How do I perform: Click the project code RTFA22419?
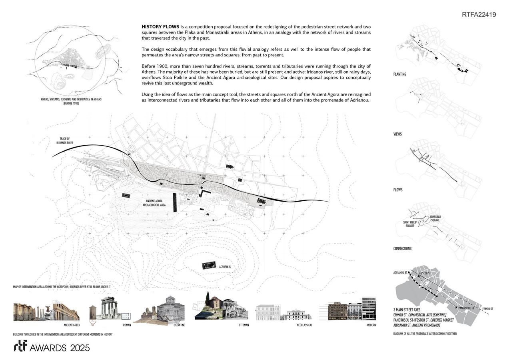pos(479,15)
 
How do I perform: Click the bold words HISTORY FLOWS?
pos(160,26)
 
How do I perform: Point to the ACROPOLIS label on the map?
pos(225,266)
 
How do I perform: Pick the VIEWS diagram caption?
pos(397,134)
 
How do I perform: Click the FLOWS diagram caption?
pos(398,190)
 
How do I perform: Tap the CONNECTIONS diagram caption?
pos(402,249)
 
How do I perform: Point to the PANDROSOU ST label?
pos(467,308)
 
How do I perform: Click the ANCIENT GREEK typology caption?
pos(72,325)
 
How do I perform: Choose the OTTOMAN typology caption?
pos(244,325)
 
